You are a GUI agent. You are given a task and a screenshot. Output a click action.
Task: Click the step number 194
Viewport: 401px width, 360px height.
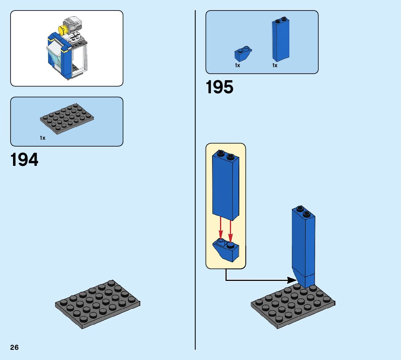(24, 160)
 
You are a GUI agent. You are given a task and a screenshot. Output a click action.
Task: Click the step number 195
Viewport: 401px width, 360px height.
(220, 87)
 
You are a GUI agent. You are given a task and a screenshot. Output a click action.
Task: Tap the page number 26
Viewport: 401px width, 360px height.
(15, 347)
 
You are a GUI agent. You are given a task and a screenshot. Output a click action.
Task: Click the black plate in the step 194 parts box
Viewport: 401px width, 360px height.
(66, 117)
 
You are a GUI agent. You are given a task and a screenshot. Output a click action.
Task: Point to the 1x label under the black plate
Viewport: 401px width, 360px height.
(42, 138)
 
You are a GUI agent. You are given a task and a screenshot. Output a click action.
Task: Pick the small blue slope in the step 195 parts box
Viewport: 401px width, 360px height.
(243, 54)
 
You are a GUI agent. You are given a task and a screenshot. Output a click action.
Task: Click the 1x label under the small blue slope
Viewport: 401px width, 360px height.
(237, 65)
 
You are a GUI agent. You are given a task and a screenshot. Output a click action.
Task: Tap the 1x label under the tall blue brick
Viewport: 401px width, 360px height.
(275, 65)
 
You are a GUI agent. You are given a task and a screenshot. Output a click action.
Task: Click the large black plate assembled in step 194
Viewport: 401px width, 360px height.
(98, 304)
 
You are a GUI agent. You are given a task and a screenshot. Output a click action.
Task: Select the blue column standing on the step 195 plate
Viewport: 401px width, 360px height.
(303, 247)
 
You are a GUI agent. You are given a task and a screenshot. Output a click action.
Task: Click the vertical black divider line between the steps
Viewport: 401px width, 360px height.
(195, 181)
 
